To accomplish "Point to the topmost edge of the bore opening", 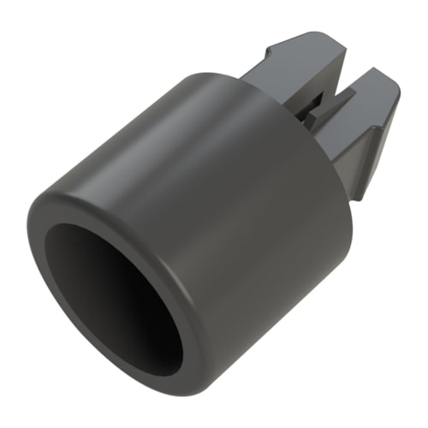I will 94,225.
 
